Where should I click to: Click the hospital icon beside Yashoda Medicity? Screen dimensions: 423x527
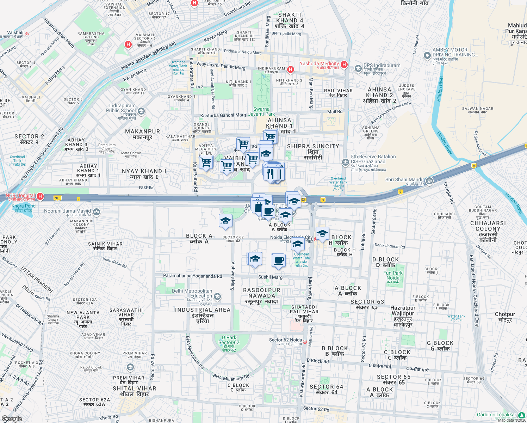click(344, 65)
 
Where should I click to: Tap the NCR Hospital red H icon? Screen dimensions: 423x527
click(41, 196)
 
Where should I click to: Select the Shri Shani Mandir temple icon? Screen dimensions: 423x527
click(429, 181)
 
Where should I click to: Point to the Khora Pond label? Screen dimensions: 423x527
click(24, 208)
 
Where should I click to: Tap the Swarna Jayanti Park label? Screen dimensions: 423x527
click(261, 111)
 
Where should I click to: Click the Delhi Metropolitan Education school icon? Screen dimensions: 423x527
click(217, 296)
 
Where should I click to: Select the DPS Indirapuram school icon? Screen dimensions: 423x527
click(358, 68)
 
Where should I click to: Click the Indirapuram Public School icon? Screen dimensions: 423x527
click(141, 112)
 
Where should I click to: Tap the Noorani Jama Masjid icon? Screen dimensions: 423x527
click(97, 212)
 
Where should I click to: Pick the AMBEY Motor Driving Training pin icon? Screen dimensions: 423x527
click(427, 55)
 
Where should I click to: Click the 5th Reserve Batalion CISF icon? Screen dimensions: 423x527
click(345, 162)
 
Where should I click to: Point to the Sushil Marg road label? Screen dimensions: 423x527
click(270, 277)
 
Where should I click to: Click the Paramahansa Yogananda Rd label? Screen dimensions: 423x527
click(193, 276)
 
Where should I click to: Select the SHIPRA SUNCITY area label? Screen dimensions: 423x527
click(313, 146)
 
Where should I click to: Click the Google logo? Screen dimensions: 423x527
click(12, 419)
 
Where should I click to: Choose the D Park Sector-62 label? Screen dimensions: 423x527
click(229, 342)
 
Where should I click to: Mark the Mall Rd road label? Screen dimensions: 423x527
click(335, 112)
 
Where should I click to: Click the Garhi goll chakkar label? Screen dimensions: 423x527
click(496, 415)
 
